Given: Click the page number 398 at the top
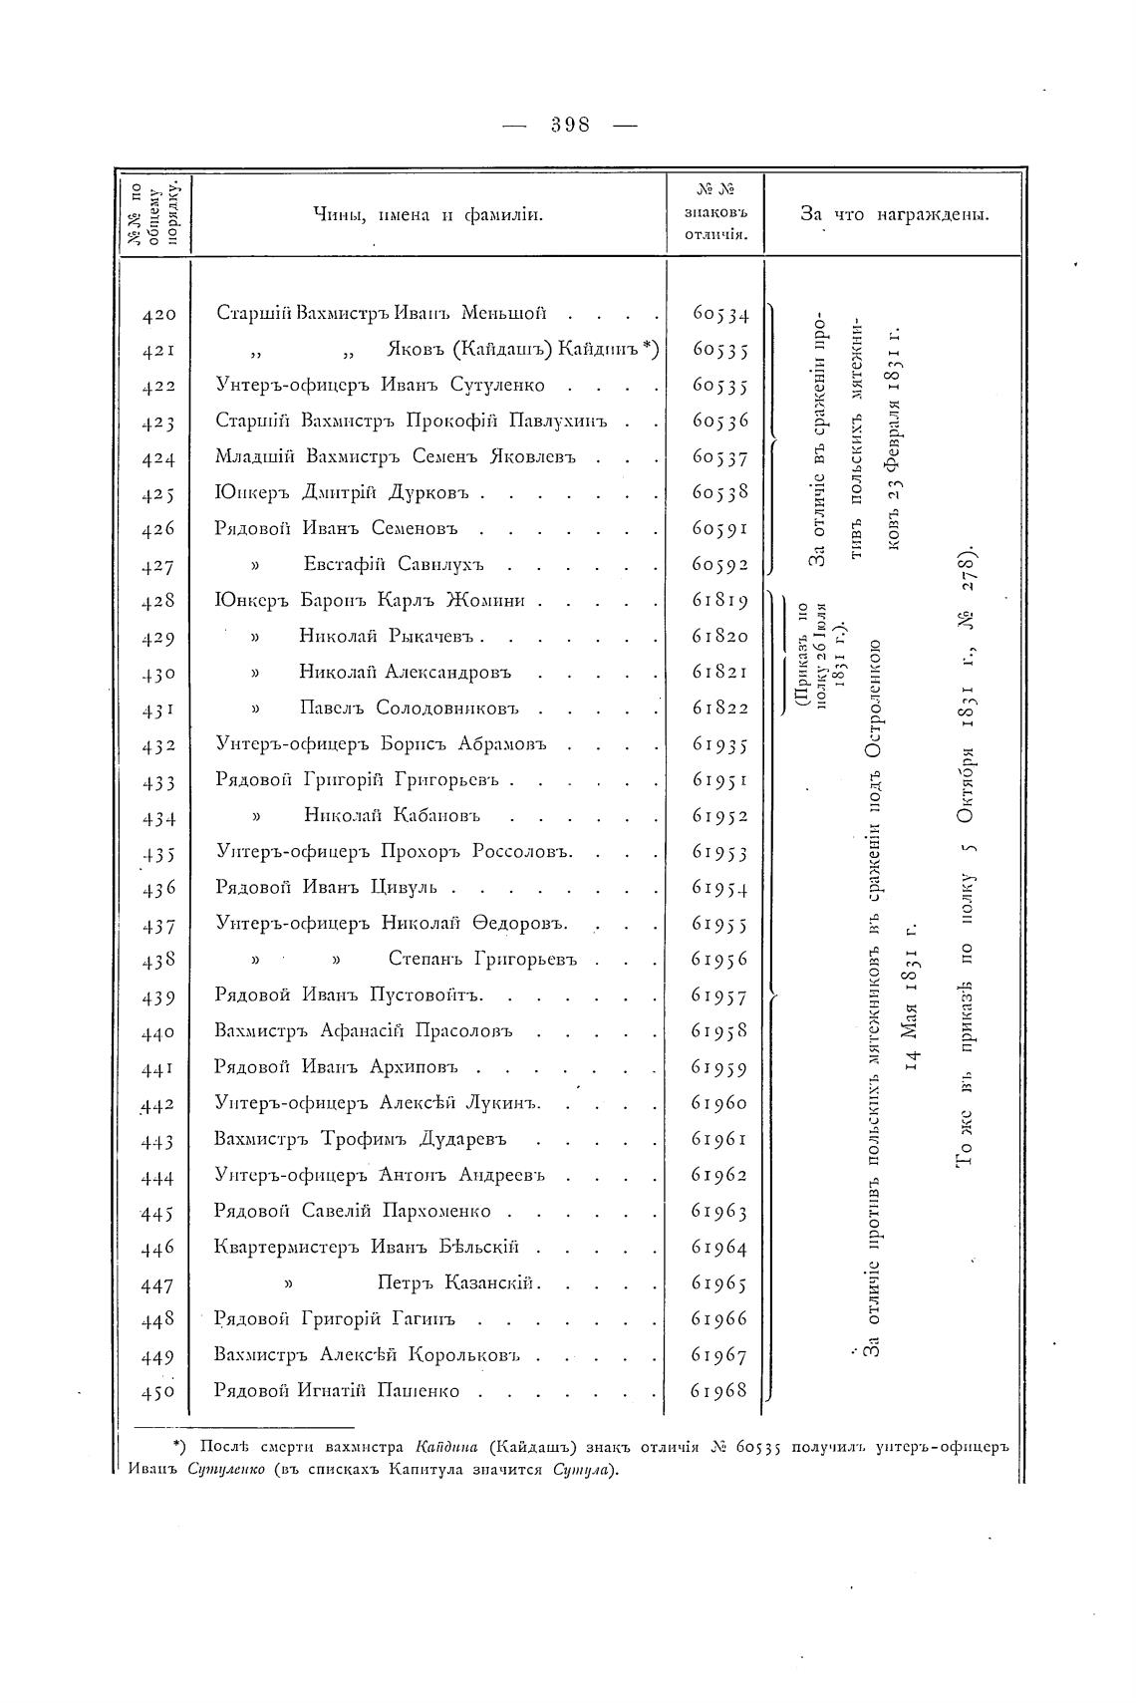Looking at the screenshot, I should pyautogui.click(x=570, y=125).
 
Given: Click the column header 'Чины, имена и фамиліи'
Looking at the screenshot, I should pyautogui.click(x=428, y=213).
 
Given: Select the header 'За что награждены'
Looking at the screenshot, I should pyautogui.click(x=894, y=213).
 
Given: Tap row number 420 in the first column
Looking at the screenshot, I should pyautogui.click(x=158, y=315).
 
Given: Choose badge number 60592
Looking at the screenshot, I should pyautogui.click(x=719, y=566).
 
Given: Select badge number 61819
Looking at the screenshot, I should pyautogui.click(x=719, y=601).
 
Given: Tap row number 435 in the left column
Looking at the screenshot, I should pyautogui.click(x=158, y=853).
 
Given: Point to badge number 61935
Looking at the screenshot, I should pyautogui.click(x=719, y=744).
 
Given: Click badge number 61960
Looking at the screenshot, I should pyautogui.click(x=719, y=1103).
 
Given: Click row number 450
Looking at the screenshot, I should pyautogui.click(x=158, y=1391).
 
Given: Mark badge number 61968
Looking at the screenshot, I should pyautogui.click(x=719, y=1390).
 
